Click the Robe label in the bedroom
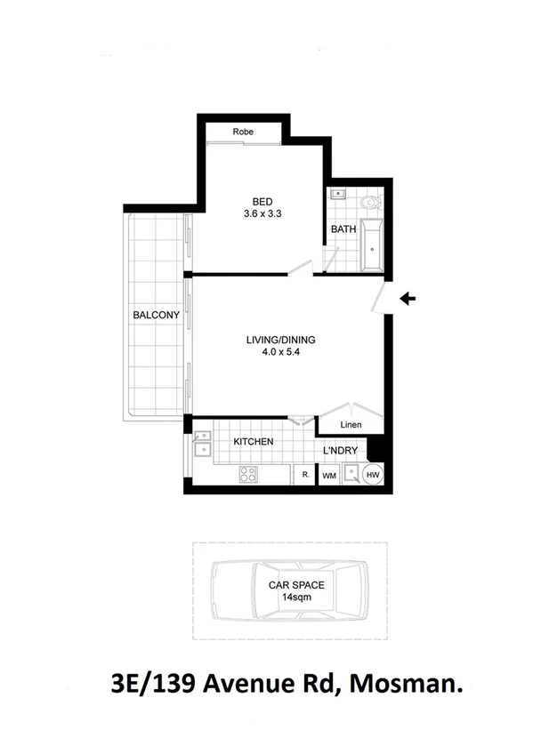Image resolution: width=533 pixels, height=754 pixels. (x=243, y=132)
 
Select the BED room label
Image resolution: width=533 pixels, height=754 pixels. (x=262, y=201)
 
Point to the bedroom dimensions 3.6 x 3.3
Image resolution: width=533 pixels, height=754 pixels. (x=262, y=213)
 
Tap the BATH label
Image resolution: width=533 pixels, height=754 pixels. (x=343, y=229)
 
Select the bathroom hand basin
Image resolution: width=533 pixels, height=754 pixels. (x=339, y=193)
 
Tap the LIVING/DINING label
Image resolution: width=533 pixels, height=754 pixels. (x=281, y=340)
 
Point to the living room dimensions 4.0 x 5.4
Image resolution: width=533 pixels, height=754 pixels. (x=281, y=352)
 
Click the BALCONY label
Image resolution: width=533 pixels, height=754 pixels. (x=157, y=315)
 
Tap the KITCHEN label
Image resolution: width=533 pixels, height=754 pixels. (x=253, y=442)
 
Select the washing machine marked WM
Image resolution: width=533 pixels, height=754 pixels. (x=328, y=477)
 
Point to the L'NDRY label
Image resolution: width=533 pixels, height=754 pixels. (x=340, y=452)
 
